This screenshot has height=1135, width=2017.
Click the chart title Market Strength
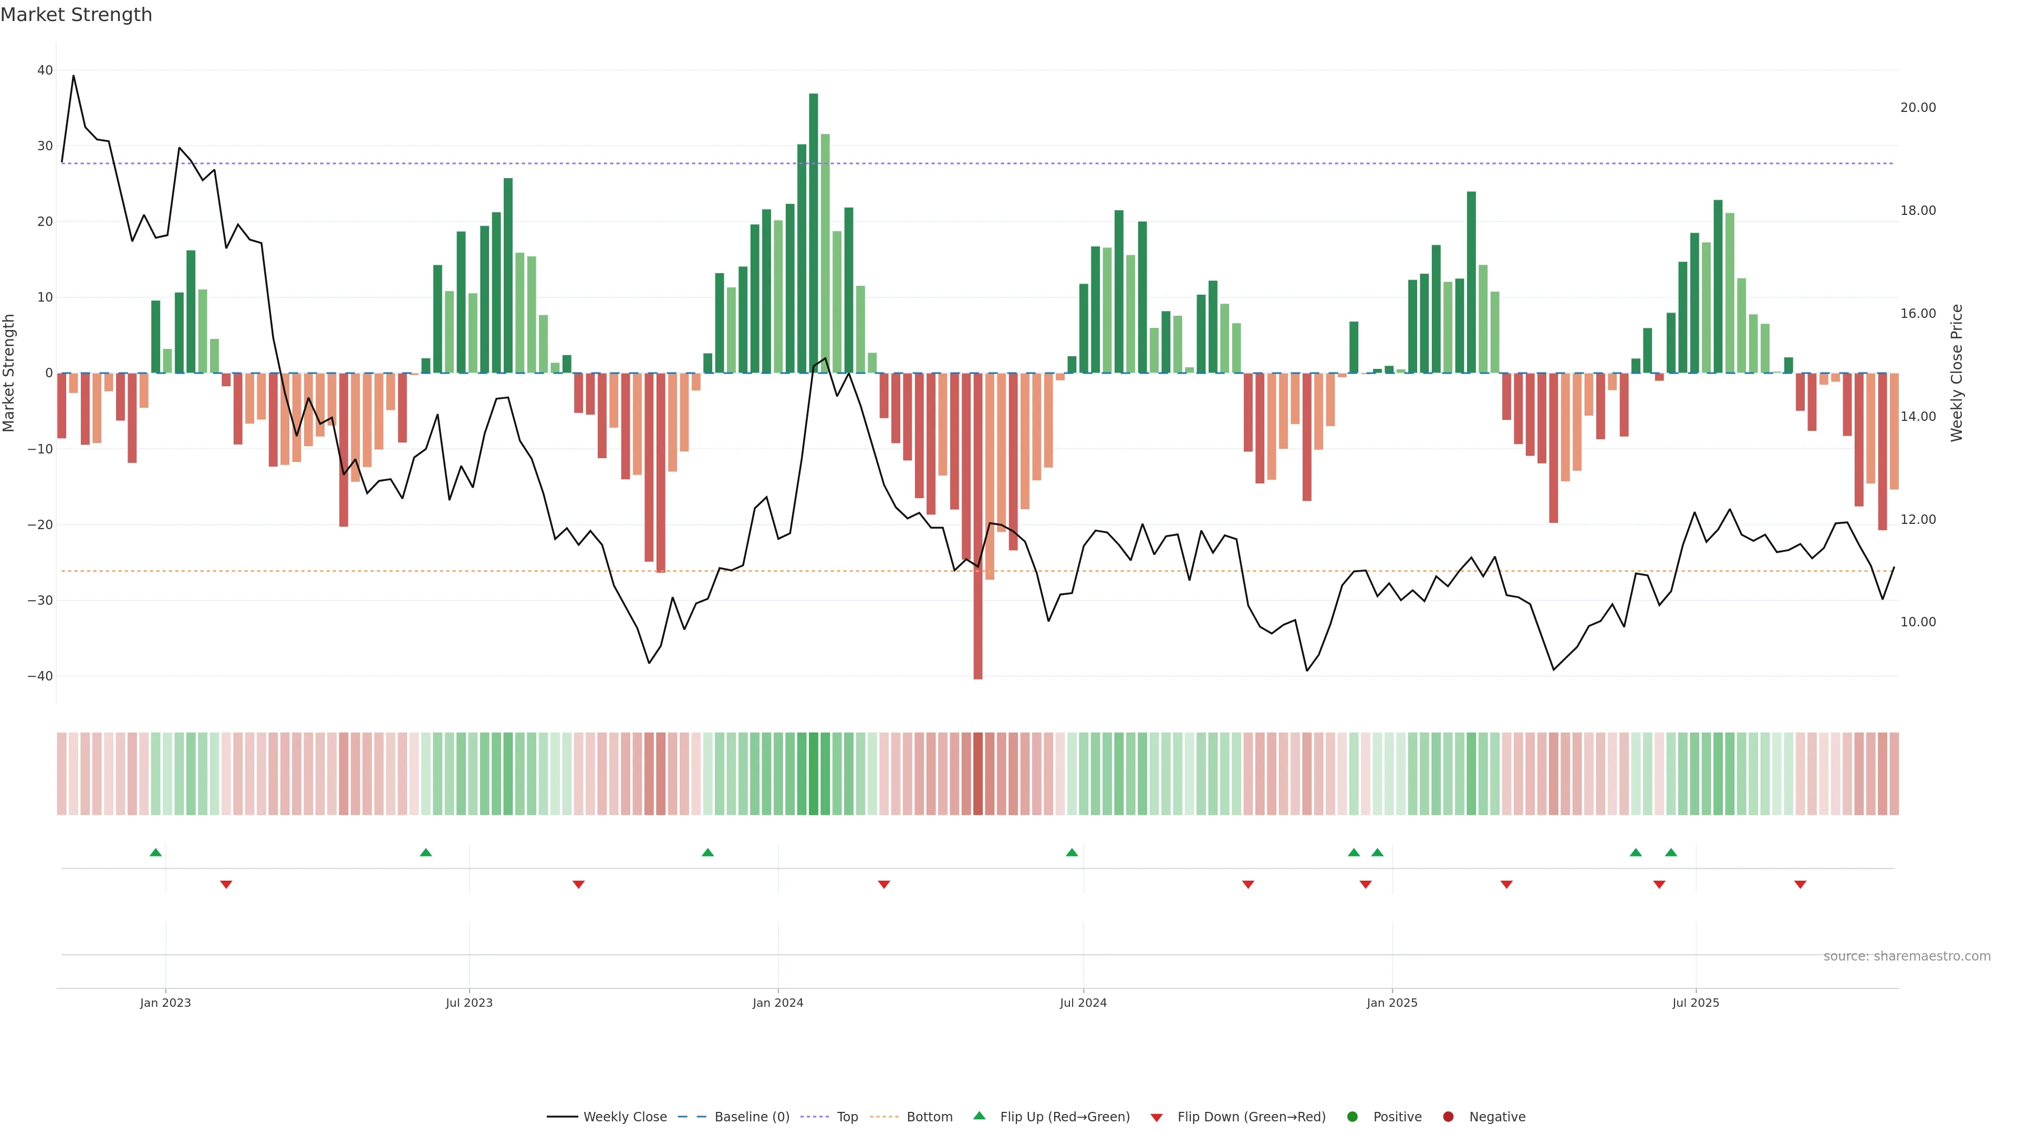(76, 15)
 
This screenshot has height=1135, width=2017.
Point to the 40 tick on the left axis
(45, 70)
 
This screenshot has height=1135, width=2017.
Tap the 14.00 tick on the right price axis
(1918, 417)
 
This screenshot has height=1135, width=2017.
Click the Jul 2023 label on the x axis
(469, 1003)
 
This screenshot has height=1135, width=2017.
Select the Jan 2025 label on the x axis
(1391, 1003)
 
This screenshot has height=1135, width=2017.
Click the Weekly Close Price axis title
(1957, 373)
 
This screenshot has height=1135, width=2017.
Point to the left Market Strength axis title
(9, 373)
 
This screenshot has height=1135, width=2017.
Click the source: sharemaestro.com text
(1907, 956)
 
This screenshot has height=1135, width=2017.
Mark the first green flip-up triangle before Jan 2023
(156, 852)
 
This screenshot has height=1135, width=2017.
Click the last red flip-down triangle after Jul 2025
(1800, 884)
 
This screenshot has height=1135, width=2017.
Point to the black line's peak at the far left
(74, 76)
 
